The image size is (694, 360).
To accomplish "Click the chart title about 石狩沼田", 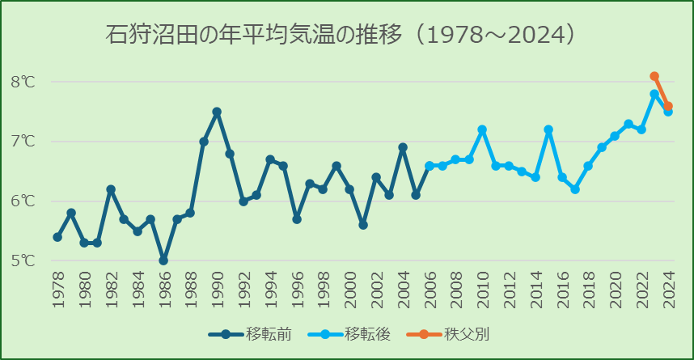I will click(340, 35).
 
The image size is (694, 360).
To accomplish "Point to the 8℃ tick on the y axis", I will click(23, 82).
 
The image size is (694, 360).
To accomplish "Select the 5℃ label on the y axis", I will click(23, 261).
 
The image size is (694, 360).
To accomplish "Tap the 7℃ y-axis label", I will click(23, 142).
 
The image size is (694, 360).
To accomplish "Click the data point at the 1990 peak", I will click(217, 112).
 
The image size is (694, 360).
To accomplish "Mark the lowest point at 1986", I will click(163, 260).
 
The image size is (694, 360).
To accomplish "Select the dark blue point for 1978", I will click(57, 237).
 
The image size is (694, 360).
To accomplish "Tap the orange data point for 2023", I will click(654, 76).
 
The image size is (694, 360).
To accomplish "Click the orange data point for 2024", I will click(668, 106).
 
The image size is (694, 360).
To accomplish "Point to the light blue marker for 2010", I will click(482, 129).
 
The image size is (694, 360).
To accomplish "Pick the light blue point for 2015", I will click(548, 129).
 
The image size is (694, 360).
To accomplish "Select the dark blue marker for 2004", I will click(403, 147).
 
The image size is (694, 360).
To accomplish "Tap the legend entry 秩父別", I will click(453, 333).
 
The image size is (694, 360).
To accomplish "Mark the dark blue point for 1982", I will click(111, 189).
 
